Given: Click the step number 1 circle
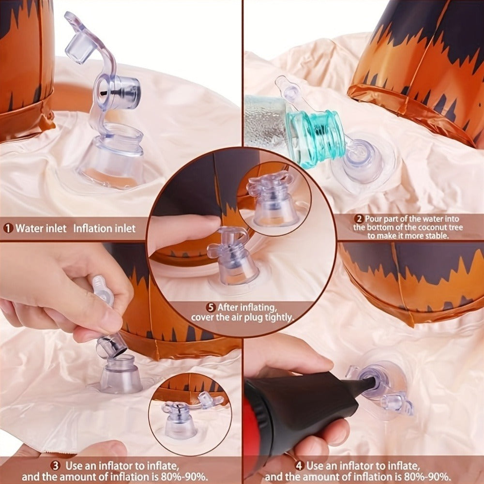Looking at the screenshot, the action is pos(8,228).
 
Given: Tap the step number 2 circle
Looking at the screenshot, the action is pos(359,219).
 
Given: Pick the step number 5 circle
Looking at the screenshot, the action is pos(211,307).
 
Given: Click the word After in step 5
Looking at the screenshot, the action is pos(228,307).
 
